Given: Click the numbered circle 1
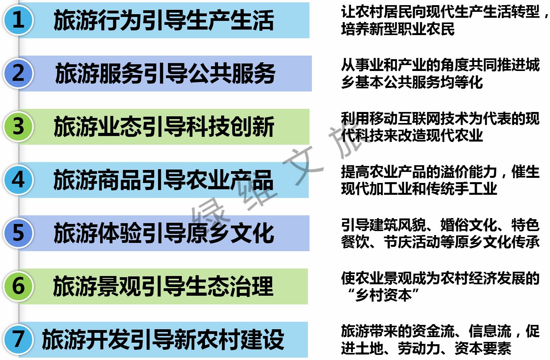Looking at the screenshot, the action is click(18, 20).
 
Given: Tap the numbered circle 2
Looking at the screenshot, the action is click(18, 73).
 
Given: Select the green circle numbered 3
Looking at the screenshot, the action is click(18, 127).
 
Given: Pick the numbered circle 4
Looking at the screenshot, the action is click(18, 180).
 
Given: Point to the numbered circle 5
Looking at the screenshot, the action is click(18, 233).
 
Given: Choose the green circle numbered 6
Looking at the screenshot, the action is click(18, 286).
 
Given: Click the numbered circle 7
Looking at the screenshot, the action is click(18, 339).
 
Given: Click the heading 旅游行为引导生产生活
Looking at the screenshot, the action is click(164, 21).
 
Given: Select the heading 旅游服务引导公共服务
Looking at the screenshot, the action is click(165, 74).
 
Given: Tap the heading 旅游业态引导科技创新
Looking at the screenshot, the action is click(164, 127).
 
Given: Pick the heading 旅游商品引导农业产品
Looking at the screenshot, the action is click(163, 180).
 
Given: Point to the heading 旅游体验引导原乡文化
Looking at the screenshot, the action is click(164, 233).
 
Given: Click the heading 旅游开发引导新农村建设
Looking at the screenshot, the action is click(163, 339).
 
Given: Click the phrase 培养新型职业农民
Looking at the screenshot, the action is click(398, 29).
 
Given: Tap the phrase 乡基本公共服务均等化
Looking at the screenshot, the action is click(412, 82).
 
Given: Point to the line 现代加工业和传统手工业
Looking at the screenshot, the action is click(419, 189).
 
